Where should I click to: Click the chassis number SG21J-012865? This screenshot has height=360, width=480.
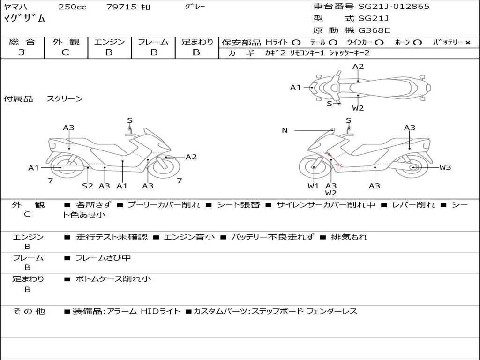(x=394, y=7)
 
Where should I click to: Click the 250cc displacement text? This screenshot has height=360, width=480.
(x=72, y=7)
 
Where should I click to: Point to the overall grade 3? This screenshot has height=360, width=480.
(x=22, y=52)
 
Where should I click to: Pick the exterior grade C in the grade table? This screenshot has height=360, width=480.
(x=66, y=52)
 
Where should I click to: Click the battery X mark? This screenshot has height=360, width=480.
(x=468, y=43)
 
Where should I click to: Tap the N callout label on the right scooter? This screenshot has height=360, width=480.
(x=285, y=130)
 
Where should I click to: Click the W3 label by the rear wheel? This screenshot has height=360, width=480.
(x=445, y=167)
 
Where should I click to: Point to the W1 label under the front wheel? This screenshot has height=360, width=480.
(x=313, y=186)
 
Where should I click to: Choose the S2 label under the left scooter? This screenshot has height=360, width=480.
(x=88, y=186)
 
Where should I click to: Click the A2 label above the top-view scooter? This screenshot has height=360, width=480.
(x=358, y=67)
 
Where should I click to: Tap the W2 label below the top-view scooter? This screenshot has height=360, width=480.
(x=358, y=108)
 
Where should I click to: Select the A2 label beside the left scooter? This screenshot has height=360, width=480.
(x=191, y=157)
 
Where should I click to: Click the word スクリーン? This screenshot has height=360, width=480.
(x=65, y=99)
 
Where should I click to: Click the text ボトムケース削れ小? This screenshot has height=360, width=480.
(x=113, y=279)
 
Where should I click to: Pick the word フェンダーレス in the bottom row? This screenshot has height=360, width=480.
(x=332, y=311)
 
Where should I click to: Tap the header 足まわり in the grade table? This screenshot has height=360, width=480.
(x=197, y=42)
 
